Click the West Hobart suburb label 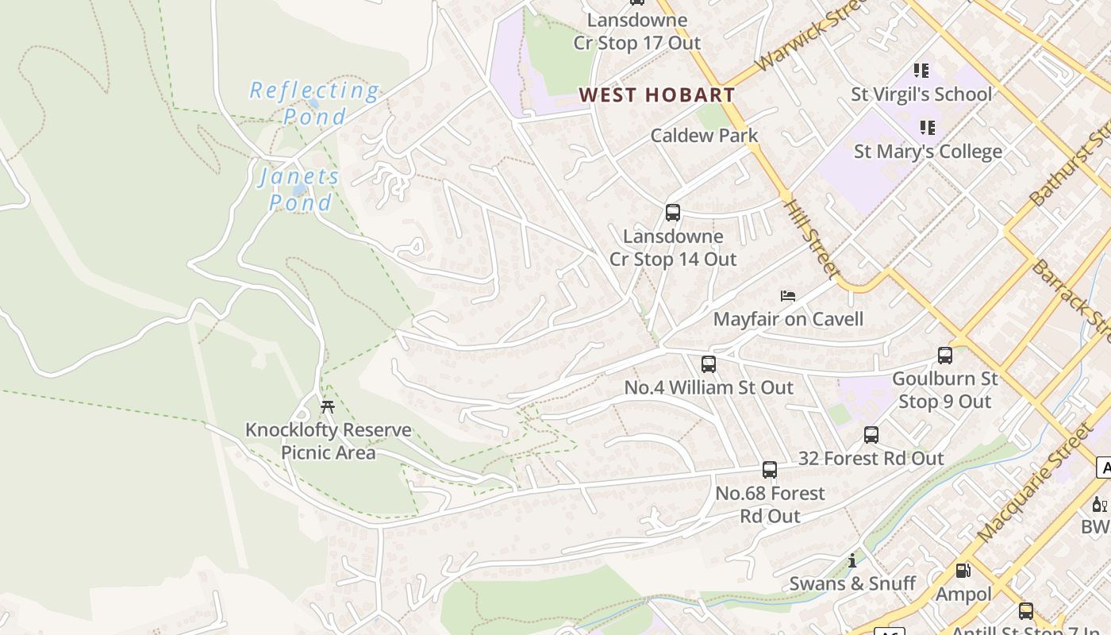tap(656, 95)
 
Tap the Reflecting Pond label tap(314, 103)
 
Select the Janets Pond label tap(300, 189)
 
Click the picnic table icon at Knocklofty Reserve tap(327, 407)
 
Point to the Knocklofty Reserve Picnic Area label tap(328, 441)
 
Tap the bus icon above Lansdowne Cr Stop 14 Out tap(672, 213)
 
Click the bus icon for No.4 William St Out tap(708, 364)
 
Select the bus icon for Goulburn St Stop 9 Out tap(944, 356)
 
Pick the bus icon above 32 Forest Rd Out tap(871, 435)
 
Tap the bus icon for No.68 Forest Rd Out tap(769, 470)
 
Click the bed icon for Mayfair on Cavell tap(787, 296)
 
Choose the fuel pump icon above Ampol tap(963, 570)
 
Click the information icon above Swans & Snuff tap(852, 560)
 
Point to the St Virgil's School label tap(921, 94)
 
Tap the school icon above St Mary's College tap(926, 127)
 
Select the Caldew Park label tap(704, 136)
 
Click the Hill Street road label tap(811, 238)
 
